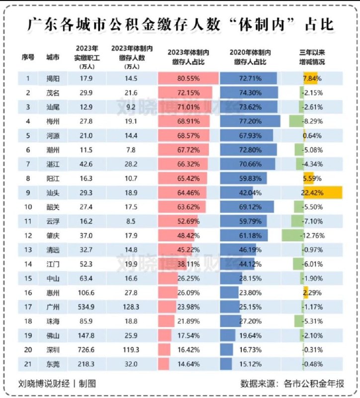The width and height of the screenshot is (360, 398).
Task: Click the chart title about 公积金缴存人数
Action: (x=180, y=23)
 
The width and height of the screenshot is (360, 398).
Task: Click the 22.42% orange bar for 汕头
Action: (x=323, y=192)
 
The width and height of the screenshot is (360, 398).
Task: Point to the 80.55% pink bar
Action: (x=188, y=79)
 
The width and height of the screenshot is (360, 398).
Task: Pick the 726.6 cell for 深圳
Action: (x=86, y=350)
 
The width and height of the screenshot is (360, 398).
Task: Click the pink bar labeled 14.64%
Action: (x=164, y=364)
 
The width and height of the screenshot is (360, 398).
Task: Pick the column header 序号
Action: (x=28, y=57)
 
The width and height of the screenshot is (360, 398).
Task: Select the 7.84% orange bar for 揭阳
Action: (x=310, y=79)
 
